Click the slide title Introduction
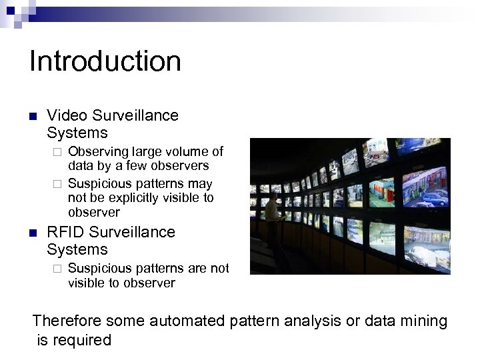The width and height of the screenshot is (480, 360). tap(105, 61)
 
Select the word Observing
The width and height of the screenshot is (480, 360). tap(98, 151)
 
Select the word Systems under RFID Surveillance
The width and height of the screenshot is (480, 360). tap(78, 249)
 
